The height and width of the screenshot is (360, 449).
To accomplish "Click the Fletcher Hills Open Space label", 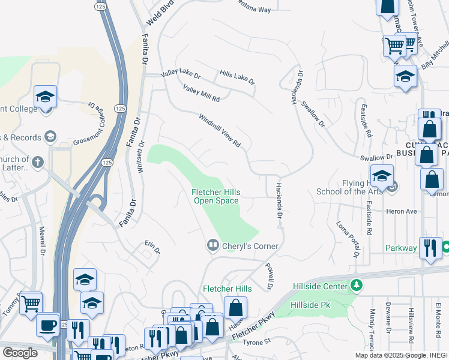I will click(216, 196).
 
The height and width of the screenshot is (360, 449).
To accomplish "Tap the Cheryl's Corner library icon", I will click(212, 245).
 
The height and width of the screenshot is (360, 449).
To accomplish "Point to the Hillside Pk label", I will click(310, 305).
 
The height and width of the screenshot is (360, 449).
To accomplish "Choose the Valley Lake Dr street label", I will click(180, 76).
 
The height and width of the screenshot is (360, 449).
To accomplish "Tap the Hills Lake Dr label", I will click(237, 76).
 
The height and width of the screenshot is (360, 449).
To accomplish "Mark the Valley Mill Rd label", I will click(202, 94).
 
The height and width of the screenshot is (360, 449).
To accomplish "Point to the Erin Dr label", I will click(152, 247).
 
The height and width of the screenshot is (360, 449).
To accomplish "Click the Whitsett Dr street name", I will click(142, 157).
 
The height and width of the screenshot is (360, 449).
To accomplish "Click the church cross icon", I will click(37, 161).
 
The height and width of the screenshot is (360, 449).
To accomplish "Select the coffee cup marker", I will click(48, 325).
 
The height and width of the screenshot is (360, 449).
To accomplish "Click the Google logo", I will click(20, 352).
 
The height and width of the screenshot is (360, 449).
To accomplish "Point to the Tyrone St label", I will click(258, 342).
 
